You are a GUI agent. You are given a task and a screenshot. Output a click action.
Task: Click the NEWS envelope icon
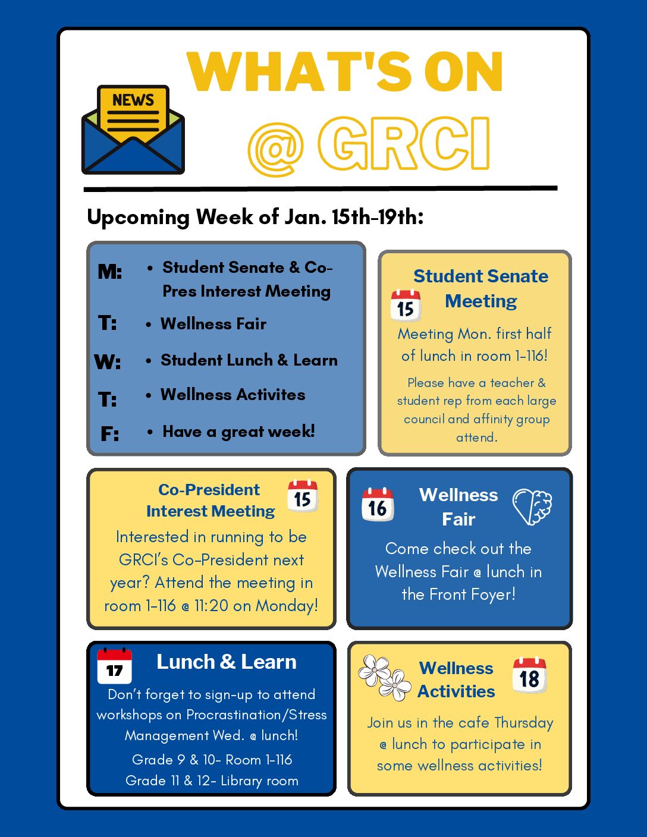pos(133,130)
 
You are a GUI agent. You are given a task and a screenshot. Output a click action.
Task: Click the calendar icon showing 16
pos(378,505)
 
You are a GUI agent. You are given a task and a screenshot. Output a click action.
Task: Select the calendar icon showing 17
pos(114,666)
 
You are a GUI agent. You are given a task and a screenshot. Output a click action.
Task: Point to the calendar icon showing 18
pos(529,675)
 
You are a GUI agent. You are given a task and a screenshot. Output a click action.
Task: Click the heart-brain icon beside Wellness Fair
pos(532,506)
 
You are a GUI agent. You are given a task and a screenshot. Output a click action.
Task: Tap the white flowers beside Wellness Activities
pos(384,677)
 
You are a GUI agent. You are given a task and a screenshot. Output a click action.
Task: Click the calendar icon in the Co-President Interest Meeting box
pos(303,496)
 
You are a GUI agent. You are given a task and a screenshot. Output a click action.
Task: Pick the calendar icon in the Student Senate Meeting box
pos(406,306)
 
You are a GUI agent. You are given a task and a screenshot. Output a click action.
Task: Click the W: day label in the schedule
pos(108,361)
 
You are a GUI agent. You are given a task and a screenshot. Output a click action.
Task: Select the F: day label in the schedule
pos(109,434)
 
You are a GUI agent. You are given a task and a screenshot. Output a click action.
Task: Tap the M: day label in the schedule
pos(110,272)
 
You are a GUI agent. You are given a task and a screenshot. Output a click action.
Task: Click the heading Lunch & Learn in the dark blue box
pos(226,662)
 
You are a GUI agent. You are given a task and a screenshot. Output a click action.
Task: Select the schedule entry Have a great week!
pos(238,432)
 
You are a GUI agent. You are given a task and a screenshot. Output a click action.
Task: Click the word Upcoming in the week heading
pos(138,218)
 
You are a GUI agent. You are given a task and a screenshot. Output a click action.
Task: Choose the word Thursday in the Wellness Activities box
pos(523,723)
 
